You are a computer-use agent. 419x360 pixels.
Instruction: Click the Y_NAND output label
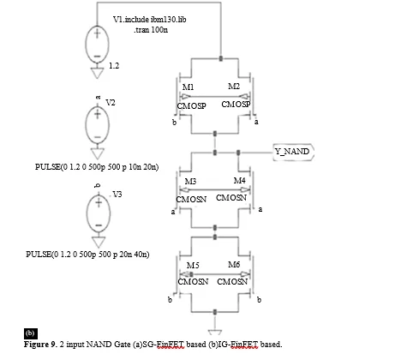293,152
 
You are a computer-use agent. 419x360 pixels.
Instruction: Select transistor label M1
188,87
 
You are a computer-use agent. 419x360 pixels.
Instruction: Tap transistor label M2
234,86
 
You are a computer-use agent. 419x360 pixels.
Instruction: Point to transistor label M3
190,182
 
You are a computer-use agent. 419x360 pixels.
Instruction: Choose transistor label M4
239,181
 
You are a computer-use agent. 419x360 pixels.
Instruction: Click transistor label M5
193,266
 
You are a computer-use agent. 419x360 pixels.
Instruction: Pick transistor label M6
234,265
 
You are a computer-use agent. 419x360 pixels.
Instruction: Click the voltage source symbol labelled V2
97,125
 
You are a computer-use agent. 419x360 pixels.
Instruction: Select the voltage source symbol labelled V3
99,213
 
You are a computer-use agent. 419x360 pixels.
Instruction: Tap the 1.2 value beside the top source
114,66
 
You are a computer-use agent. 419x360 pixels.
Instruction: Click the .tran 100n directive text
151,30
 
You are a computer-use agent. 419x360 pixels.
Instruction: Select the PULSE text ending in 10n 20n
97,167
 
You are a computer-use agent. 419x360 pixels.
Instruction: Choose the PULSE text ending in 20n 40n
87,255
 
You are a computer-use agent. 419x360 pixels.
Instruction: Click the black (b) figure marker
31,333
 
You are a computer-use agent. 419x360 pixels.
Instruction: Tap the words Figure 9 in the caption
40,345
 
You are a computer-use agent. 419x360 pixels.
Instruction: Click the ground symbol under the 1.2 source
97,73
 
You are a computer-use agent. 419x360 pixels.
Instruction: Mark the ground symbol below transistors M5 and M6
215,332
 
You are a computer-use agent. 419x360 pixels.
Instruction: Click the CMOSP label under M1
191,106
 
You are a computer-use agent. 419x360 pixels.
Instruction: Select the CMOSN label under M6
232,282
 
